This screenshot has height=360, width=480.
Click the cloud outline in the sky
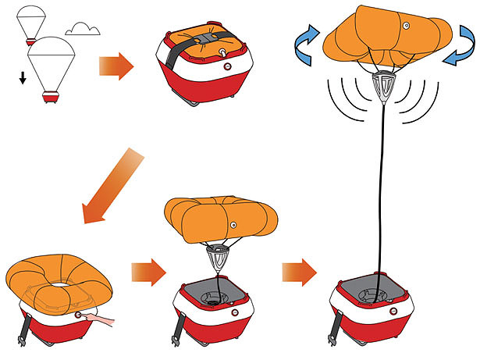tap(83, 30)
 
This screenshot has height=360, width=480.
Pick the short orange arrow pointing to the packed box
tap(116, 67)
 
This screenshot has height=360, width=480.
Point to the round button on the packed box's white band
tap(227, 67)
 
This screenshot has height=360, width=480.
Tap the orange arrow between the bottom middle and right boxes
tap(300, 272)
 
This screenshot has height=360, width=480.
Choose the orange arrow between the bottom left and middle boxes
tap(148, 273)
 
